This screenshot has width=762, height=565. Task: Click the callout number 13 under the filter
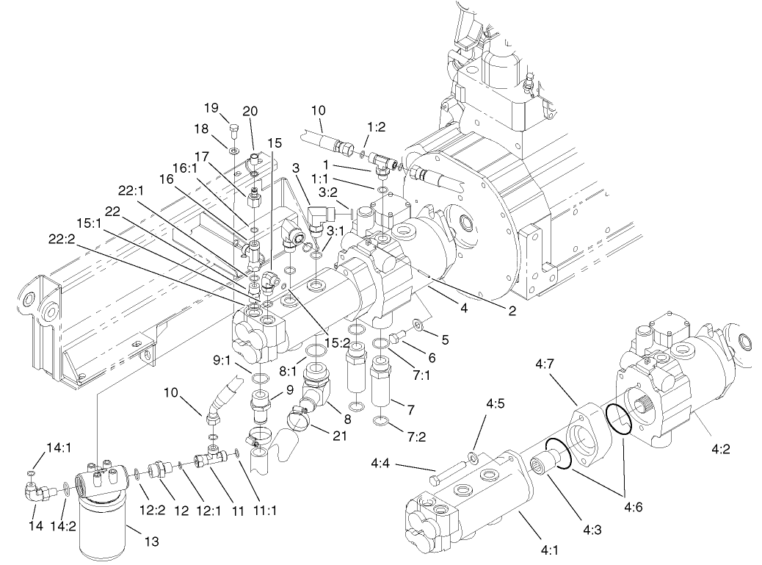tap(151, 542)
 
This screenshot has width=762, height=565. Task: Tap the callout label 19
tap(212, 107)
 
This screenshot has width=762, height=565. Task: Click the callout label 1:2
tap(376, 127)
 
